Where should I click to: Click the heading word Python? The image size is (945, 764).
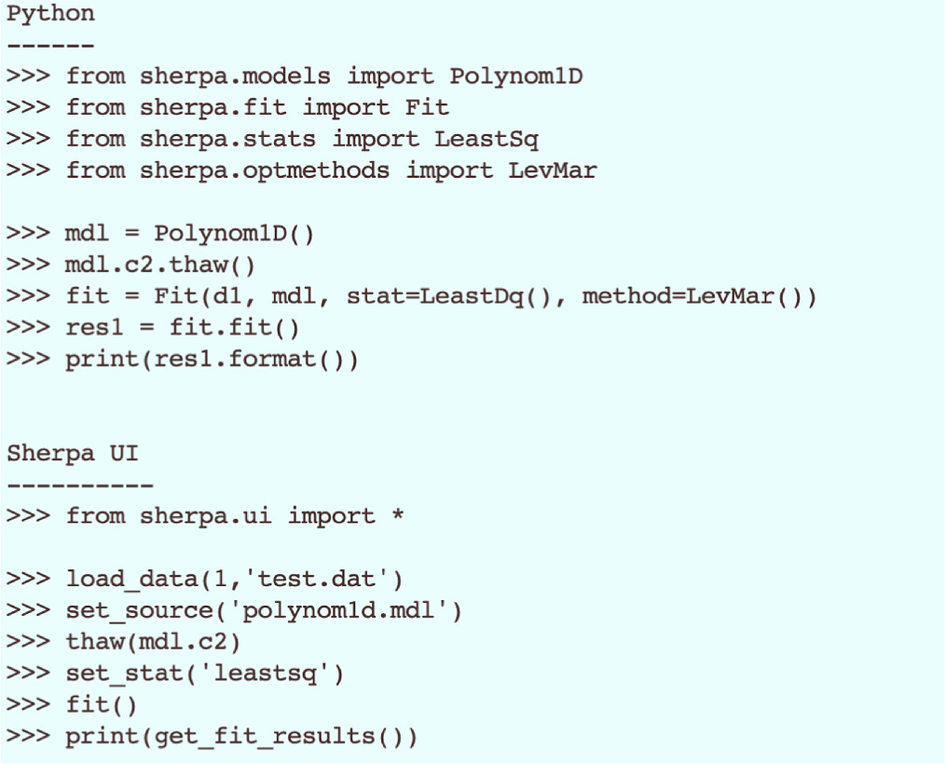[50, 15]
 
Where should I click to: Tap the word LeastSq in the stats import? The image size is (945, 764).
[486, 139]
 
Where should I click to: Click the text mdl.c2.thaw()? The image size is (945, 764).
[159, 266]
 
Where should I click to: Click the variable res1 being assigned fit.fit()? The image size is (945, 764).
[95, 328]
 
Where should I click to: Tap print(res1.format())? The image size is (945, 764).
[212, 360]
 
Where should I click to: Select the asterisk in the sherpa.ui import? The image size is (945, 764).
[398, 516]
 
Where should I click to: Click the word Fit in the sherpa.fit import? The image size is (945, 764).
[427, 108]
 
